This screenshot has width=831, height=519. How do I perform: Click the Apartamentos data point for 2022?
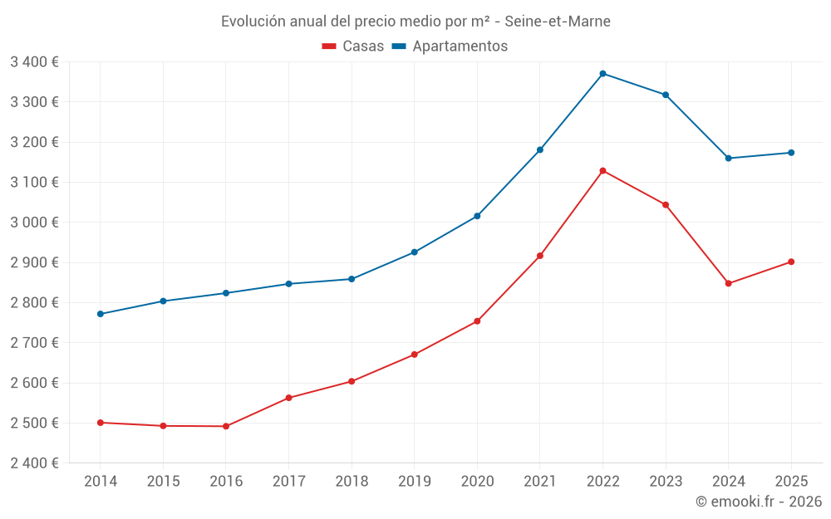(x=602, y=74)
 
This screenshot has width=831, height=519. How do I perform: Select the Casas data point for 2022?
(x=602, y=171)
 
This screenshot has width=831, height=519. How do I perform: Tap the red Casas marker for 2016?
(x=226, y=426)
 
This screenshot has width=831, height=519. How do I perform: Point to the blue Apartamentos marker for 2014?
(x=101, y=314)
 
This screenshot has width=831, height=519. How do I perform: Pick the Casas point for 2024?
(x=728, y=283)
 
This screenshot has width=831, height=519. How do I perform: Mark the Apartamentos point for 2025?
(x=791, y=153)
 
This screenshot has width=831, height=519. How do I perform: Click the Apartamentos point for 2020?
(x=477, y=216)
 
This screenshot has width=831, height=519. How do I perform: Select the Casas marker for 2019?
(x=415, y=355)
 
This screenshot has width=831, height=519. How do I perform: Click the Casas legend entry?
(x=353, y=47)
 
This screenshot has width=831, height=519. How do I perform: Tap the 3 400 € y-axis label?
(x=34, y=61)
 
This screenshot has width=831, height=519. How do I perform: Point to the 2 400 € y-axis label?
(x=34, y=463)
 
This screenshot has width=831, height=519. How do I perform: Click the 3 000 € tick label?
(x=34, y=223)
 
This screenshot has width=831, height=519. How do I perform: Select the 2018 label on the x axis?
(x=352, y=481)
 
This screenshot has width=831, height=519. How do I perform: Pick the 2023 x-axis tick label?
(x=666, y=481)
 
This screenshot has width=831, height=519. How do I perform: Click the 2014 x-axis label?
(x=101, y=481)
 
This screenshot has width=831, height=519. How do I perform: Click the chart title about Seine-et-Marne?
(x=415, y=22)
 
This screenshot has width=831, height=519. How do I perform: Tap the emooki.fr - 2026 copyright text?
(x=758, y=502)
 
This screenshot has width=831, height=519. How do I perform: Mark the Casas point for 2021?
(x=540, y=256)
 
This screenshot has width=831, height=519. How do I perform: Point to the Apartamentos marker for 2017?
(x=288, y=284)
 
